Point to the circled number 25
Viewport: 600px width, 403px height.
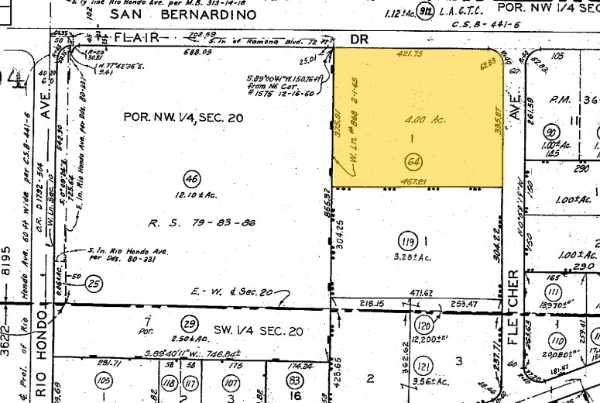coord(94,284)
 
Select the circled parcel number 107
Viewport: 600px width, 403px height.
coord(230,382)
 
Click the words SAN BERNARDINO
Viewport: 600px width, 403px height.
coord(183,15)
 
